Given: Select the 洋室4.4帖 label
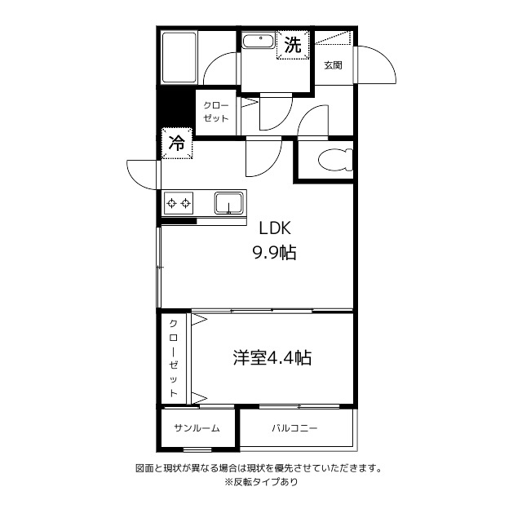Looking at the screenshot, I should pyautogui.click(x=272, y=357).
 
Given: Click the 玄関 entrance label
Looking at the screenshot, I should pyautogui.click(x=332, y=65).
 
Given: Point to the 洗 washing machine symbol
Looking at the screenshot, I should pyautogui.click(x=292, y=46).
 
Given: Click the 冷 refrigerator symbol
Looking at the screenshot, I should pyautogui.click(x=176, y=144).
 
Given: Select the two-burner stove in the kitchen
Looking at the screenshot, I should pyautogui.click(x=179, y=202).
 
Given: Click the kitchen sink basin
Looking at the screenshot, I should pyautogui.click(x=229, y=201).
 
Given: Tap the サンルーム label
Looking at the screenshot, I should pyautogui.click(x=196, y=428).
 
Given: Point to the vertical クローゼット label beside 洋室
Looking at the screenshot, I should pyautogui.click(x=174, y=358).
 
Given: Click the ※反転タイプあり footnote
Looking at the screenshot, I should pyautogui.click(x=261, y=482).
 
